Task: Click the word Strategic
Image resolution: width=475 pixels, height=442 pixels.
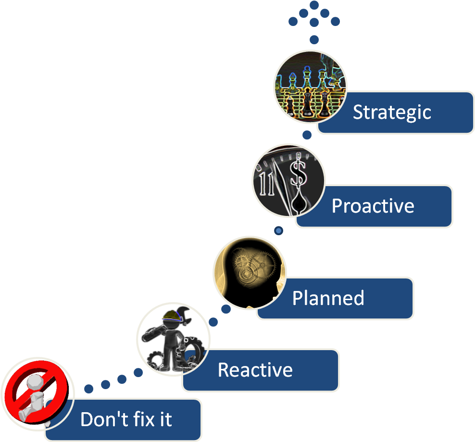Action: pyautogui.click(x=392, y=113)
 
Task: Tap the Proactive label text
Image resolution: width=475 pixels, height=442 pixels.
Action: pyautogui.click(x=373, y=206)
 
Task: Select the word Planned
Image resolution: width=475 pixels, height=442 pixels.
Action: pyautogui.click(x=328, y=298)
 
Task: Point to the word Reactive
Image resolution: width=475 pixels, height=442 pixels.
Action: pyautogui.click(x=255, y=370)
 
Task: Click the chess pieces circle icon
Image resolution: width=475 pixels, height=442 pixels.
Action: pyautogui.click(x=310, y=87)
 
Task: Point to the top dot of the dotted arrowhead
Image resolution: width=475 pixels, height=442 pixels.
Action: pyautogui.click(x=314, y=5)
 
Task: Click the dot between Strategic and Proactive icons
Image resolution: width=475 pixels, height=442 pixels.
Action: pyautogui.click(x=307, y=135)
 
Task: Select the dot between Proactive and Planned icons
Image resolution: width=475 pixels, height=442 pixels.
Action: pyautogui.click(x=278, y=231)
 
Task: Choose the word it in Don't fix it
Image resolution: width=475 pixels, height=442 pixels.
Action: pyautogui.click(x=165, y=419)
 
